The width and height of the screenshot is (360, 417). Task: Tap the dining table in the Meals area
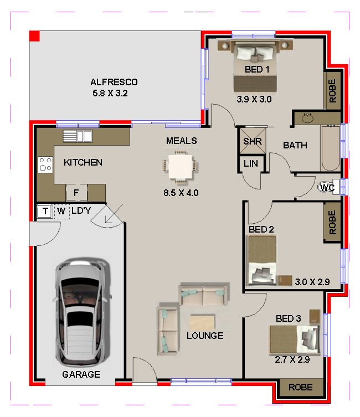coord(181,167)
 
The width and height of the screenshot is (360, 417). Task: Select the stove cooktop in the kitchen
coord(45,164)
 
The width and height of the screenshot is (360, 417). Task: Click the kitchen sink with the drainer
coord(78,136)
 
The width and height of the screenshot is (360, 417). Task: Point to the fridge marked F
coord(76,192)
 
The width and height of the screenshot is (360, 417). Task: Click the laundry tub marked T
coord(45,211)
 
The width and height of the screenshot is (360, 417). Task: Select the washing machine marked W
coord(61,212)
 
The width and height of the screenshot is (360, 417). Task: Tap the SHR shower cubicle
coord(253,141)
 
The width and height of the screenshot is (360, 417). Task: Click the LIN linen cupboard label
coord(251,163)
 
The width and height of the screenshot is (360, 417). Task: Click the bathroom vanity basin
coord(308,118)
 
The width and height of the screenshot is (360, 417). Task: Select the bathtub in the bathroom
coord(331,148)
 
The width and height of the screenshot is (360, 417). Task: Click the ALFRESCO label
coord(114,82)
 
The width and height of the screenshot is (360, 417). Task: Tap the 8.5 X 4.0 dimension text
coord(181,193)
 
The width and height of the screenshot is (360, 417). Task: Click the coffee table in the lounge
coord(202,322)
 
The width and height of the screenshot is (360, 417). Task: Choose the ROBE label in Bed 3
coord(300,387)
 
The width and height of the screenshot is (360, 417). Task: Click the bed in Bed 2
coord(262,260)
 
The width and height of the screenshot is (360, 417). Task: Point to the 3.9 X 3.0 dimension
coord(254,99)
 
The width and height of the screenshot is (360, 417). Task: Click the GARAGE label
coord(81,374)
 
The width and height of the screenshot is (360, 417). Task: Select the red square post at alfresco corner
coord(34,36)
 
